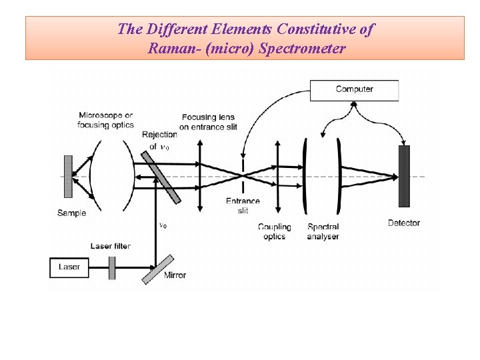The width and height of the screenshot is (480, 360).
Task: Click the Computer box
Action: (354, 90)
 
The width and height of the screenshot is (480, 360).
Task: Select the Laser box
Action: (69, 267)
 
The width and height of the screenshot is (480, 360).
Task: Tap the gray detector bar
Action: (403, 176)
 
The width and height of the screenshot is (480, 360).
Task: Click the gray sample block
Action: (67, 177)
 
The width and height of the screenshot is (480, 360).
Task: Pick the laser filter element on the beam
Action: (112, 267)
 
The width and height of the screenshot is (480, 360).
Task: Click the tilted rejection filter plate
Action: (161, 176)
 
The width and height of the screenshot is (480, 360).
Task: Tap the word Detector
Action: (404, 223)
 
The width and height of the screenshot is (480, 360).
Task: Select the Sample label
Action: (71, 213)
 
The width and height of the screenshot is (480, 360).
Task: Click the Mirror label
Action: (175, 275)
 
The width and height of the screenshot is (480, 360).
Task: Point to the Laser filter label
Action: (110, 246)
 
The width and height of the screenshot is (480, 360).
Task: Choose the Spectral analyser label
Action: (323, 231)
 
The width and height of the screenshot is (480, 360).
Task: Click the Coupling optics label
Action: (274, 231)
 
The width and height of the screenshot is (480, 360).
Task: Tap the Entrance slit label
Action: (243, 206)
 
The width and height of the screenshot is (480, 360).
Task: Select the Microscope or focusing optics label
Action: (105, 120)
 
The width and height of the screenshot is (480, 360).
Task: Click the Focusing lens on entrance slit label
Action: (208, 122)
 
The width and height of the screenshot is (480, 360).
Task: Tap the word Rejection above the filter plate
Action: (159, 135)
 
